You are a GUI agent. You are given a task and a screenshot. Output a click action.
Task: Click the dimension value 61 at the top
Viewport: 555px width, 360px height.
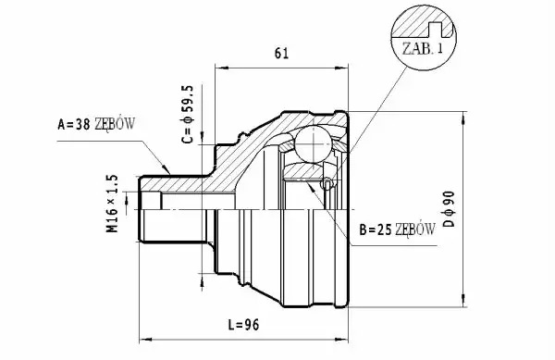pyautogui.click(x=281, y=53)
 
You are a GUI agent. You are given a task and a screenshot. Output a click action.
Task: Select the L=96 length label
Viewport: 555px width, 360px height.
pyautogui.click(x=243, y=324)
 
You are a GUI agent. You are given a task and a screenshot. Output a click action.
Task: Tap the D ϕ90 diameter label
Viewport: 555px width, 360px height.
pyautogui.click(x=449, y=209)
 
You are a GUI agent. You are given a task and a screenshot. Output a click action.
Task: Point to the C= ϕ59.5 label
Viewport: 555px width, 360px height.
pyautogui.click(x=188, y=114)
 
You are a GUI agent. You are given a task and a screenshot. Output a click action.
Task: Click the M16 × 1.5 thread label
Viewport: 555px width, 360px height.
pyautogui.click(x=112, y=204)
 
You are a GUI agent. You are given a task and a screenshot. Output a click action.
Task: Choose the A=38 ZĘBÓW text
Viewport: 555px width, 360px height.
pyautogui.click(x=96, y=124)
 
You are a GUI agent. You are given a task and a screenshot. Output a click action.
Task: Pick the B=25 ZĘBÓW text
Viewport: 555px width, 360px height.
pyautogui.click(x=397, y=230)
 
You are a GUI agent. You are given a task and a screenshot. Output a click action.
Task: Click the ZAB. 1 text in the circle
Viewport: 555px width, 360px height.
pyautogui.click(x=423, y=48)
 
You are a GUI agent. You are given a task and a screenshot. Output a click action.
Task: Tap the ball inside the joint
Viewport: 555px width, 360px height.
pyautogui.click(x=314, y=144)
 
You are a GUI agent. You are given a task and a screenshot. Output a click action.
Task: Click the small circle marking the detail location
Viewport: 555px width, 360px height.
pyautogui.click(x=327, y=184)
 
